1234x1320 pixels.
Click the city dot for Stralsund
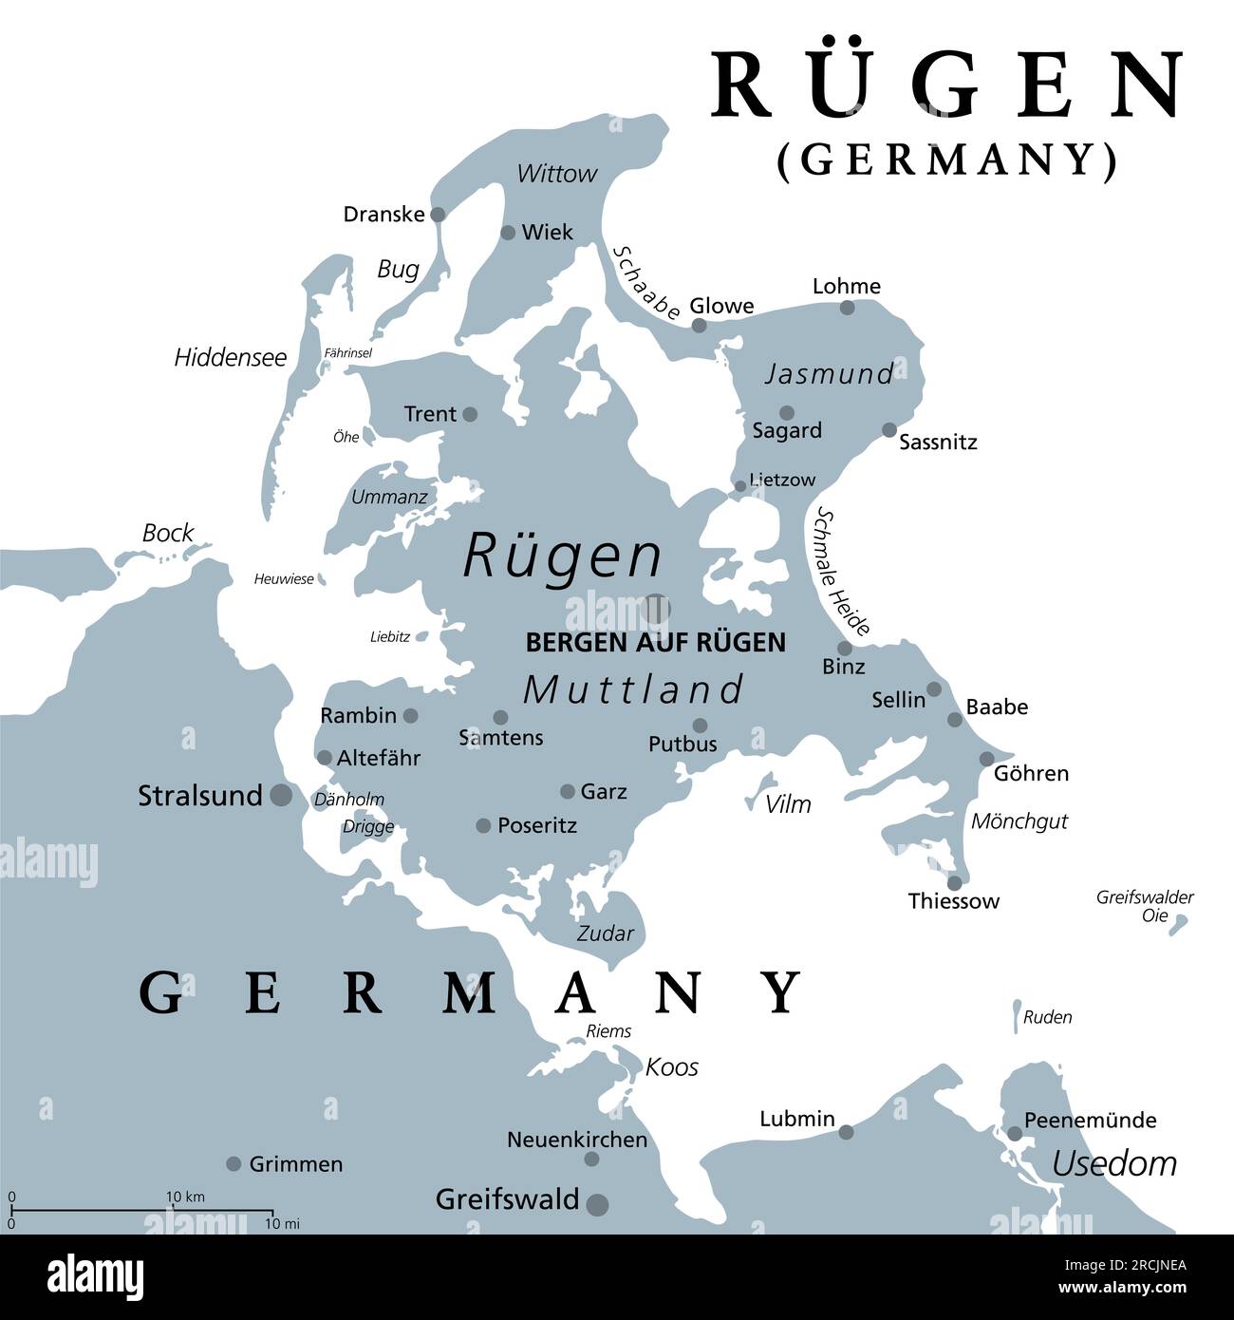[281, 796]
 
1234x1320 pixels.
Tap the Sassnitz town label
[938, 442]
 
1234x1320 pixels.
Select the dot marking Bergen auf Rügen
[656, 607]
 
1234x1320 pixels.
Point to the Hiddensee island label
[231, 358]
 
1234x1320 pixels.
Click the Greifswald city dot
[598, 1204]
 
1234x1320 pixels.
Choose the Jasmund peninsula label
[830, 374]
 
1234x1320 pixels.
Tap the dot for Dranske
[438, 215]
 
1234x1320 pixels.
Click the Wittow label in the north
[557, 174]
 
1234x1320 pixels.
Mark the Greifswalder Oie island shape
[1179, 920]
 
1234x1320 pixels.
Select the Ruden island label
[1048, 1017]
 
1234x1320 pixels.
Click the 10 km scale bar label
[186, 1197]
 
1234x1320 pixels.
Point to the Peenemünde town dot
[1015, 1133]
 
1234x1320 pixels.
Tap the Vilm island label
[788, 804]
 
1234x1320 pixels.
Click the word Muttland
[633, 689]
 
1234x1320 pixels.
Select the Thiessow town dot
[955, 883]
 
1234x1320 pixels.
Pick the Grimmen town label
[296, 1163]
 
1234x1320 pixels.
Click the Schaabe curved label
[646, 283]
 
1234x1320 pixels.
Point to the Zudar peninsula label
[606, 933]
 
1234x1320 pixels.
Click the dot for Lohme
[847, 308]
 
